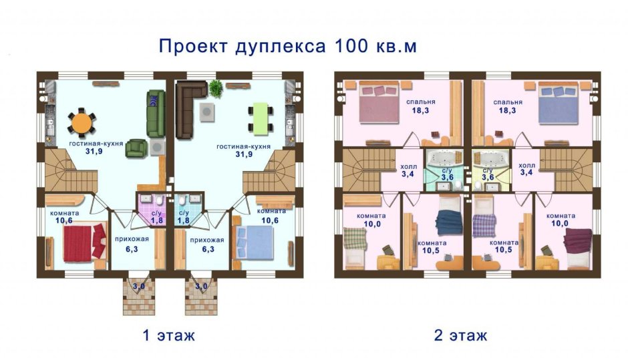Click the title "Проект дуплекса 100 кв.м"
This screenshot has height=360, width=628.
(x=288, y=46)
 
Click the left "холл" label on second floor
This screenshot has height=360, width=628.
(x=407, y=168)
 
